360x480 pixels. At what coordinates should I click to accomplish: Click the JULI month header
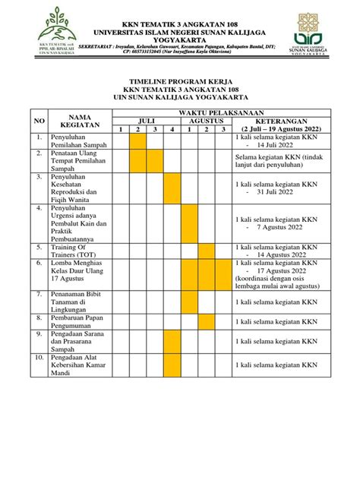147,121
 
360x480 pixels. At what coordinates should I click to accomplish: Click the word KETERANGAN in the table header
280,121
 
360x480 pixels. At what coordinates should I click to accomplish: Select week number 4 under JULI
173,130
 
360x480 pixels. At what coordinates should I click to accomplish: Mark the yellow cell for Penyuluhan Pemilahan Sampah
138,141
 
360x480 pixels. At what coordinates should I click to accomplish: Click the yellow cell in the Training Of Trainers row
207,251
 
